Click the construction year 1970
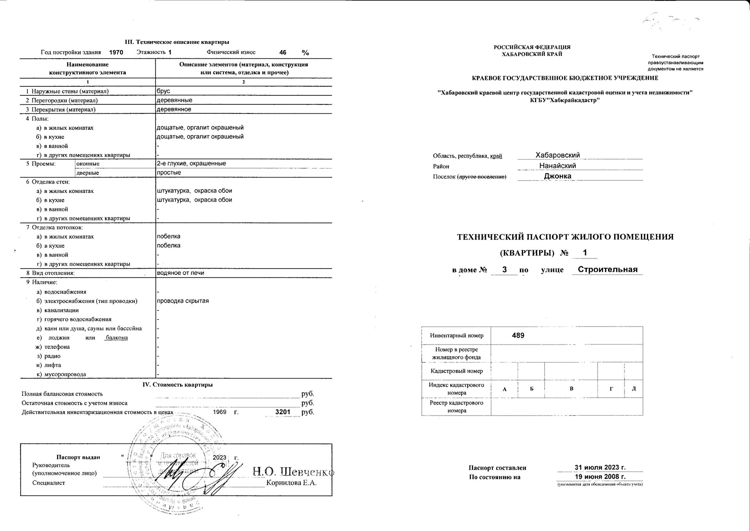point(116,52)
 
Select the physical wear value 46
point(283,52)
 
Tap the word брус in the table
point(163,91)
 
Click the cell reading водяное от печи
point(180,273)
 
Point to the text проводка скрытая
point(183,301)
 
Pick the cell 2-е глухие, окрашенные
point(191,163)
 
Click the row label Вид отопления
point(53,273)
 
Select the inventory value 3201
point(283,412)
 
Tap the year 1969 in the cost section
point(220,412)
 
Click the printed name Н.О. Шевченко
point(293,472)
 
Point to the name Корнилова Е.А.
point(291,483)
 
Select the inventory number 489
point(518,335)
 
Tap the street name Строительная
point(607,269)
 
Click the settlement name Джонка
point(557,176)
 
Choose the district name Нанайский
point(557,166)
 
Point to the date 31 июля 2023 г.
point(600,467)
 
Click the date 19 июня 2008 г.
point(600,477)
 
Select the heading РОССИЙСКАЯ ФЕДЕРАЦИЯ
point(532,47)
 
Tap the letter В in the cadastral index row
point(571,389)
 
